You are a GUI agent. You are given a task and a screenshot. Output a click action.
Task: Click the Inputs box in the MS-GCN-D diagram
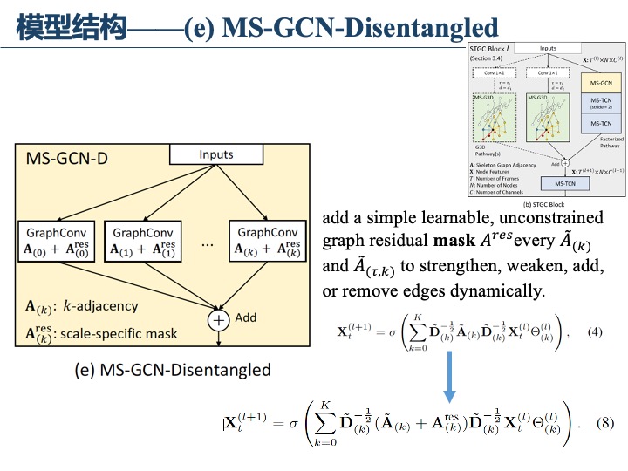click(216, 155)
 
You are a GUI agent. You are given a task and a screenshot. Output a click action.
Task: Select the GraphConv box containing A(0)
click(57, 241)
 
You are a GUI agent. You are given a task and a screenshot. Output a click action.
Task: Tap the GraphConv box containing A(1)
click(143, 241)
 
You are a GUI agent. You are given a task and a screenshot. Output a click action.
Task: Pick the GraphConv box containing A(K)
click(267, 241)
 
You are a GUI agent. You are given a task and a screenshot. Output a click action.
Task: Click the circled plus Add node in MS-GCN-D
click(217, 320)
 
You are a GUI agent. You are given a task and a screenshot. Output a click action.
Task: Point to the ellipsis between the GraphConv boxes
click(207, 245)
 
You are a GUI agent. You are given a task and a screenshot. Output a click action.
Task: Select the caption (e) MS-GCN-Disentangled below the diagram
click(174, 370)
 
